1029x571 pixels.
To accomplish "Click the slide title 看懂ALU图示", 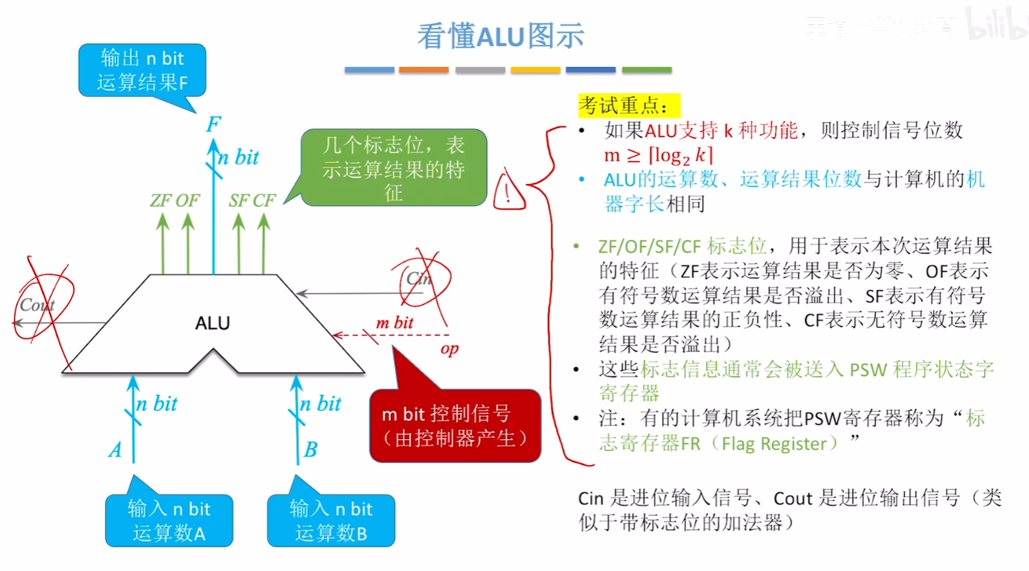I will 501,36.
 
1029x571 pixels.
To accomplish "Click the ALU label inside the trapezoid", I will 213,323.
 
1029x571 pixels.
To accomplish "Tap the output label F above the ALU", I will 213,124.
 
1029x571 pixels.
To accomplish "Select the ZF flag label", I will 161,201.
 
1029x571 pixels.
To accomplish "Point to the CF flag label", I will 265,201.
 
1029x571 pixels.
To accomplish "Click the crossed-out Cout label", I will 37,305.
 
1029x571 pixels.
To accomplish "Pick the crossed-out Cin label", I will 419,279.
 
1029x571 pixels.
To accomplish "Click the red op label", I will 450,349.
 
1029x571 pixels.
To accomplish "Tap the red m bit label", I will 395,323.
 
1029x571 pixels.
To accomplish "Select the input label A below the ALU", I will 115,450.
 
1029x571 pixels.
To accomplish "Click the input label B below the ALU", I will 310,450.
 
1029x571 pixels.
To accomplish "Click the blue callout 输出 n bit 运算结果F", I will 142,71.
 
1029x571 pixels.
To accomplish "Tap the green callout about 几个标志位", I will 394,168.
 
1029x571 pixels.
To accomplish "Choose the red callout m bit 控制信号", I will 455,426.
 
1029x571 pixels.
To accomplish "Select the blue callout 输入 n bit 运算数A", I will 169,521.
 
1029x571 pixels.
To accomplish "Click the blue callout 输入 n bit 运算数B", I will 331,521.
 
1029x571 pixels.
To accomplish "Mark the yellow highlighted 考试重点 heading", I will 628,106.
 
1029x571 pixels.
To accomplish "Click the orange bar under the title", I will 424,70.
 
